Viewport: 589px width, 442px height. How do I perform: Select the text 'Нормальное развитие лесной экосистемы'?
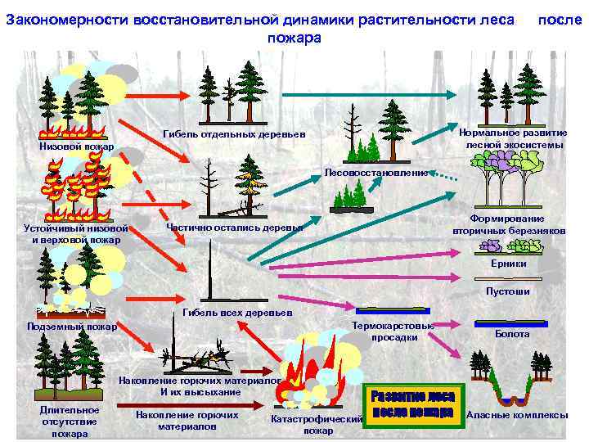pos(514,139)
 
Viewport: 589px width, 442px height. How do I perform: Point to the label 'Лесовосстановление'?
pos(375,174)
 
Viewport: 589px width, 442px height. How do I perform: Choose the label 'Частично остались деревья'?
pos(234,227)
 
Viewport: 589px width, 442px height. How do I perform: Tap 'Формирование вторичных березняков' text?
pos(508,225)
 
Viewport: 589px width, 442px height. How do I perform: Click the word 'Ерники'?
pos(508,264)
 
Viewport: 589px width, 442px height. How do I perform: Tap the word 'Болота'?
pos(512,334)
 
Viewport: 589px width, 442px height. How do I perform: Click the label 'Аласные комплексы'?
pos(516,415)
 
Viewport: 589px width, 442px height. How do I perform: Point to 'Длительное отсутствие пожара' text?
pos(70,422)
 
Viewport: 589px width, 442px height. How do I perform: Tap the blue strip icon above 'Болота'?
pos(512,322)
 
